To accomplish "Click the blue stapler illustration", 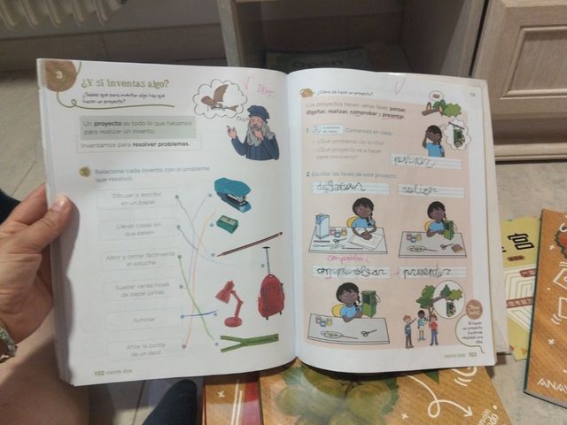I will (232, 192).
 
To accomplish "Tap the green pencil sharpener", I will (227, 224).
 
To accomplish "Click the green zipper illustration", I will (249, 342).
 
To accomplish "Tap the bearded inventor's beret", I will (258, 112).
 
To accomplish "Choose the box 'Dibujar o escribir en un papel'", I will (137, 197).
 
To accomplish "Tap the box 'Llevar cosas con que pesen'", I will (140, 230).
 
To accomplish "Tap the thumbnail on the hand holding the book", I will (59, 205).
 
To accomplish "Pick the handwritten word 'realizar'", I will (417, 189).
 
